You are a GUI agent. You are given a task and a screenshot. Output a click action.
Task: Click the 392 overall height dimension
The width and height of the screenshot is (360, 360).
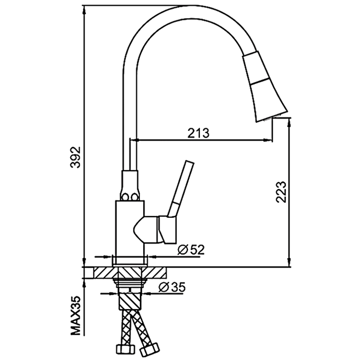pyautogui.click(x=76, y=157)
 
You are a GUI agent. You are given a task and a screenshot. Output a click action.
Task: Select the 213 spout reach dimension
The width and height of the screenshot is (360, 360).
pyautogui.click(x=198, y=133)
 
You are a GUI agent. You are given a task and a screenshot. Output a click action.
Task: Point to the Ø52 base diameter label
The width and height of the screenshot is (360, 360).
pyautogui.click(x=191, y=249)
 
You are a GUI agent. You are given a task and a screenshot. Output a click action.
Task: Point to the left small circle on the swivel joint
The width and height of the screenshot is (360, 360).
pyautogui.click(x=125, y=196)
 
